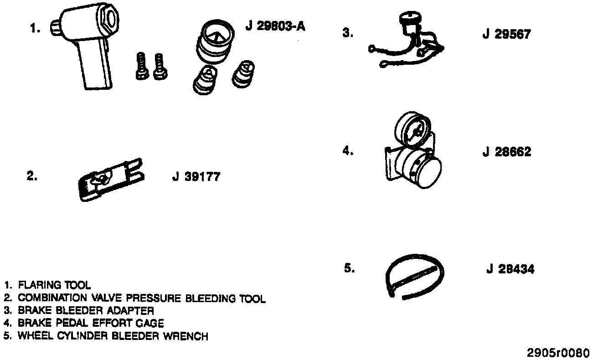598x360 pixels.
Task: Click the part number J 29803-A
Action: coord(275,26)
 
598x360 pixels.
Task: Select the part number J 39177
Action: coord(196,177)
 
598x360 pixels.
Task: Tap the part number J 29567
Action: coord(506,34)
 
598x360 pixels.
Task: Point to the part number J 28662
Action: coord(507,152)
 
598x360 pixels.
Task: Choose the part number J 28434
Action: coord(510,269)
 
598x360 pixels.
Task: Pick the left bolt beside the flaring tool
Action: coord(141,67)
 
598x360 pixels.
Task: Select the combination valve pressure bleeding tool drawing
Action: coord(109,180)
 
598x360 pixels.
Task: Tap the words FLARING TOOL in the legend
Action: coord(54,286)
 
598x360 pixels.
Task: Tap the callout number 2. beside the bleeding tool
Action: coord(32,177)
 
